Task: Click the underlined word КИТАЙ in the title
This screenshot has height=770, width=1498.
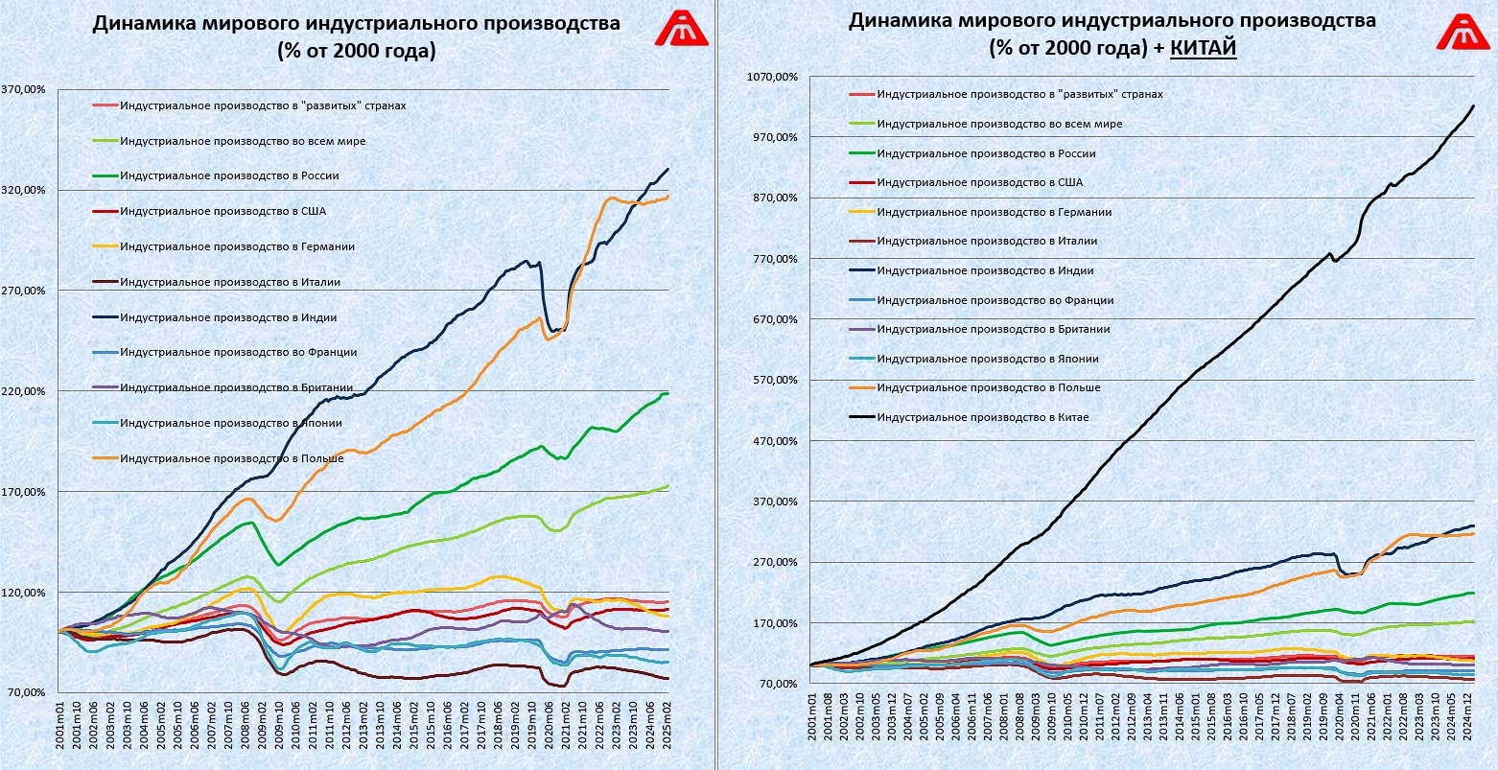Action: click(x=1204, y=47)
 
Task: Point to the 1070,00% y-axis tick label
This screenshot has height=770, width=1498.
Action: click(x=774, y=77)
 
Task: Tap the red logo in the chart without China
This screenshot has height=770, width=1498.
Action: click(x=681, y=29)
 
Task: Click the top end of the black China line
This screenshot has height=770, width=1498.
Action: click(x=1473, y=105)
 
